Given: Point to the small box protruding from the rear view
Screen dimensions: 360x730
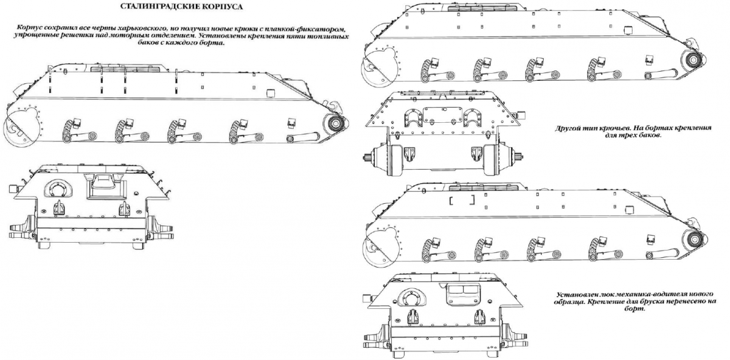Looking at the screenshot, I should [520, 114].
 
